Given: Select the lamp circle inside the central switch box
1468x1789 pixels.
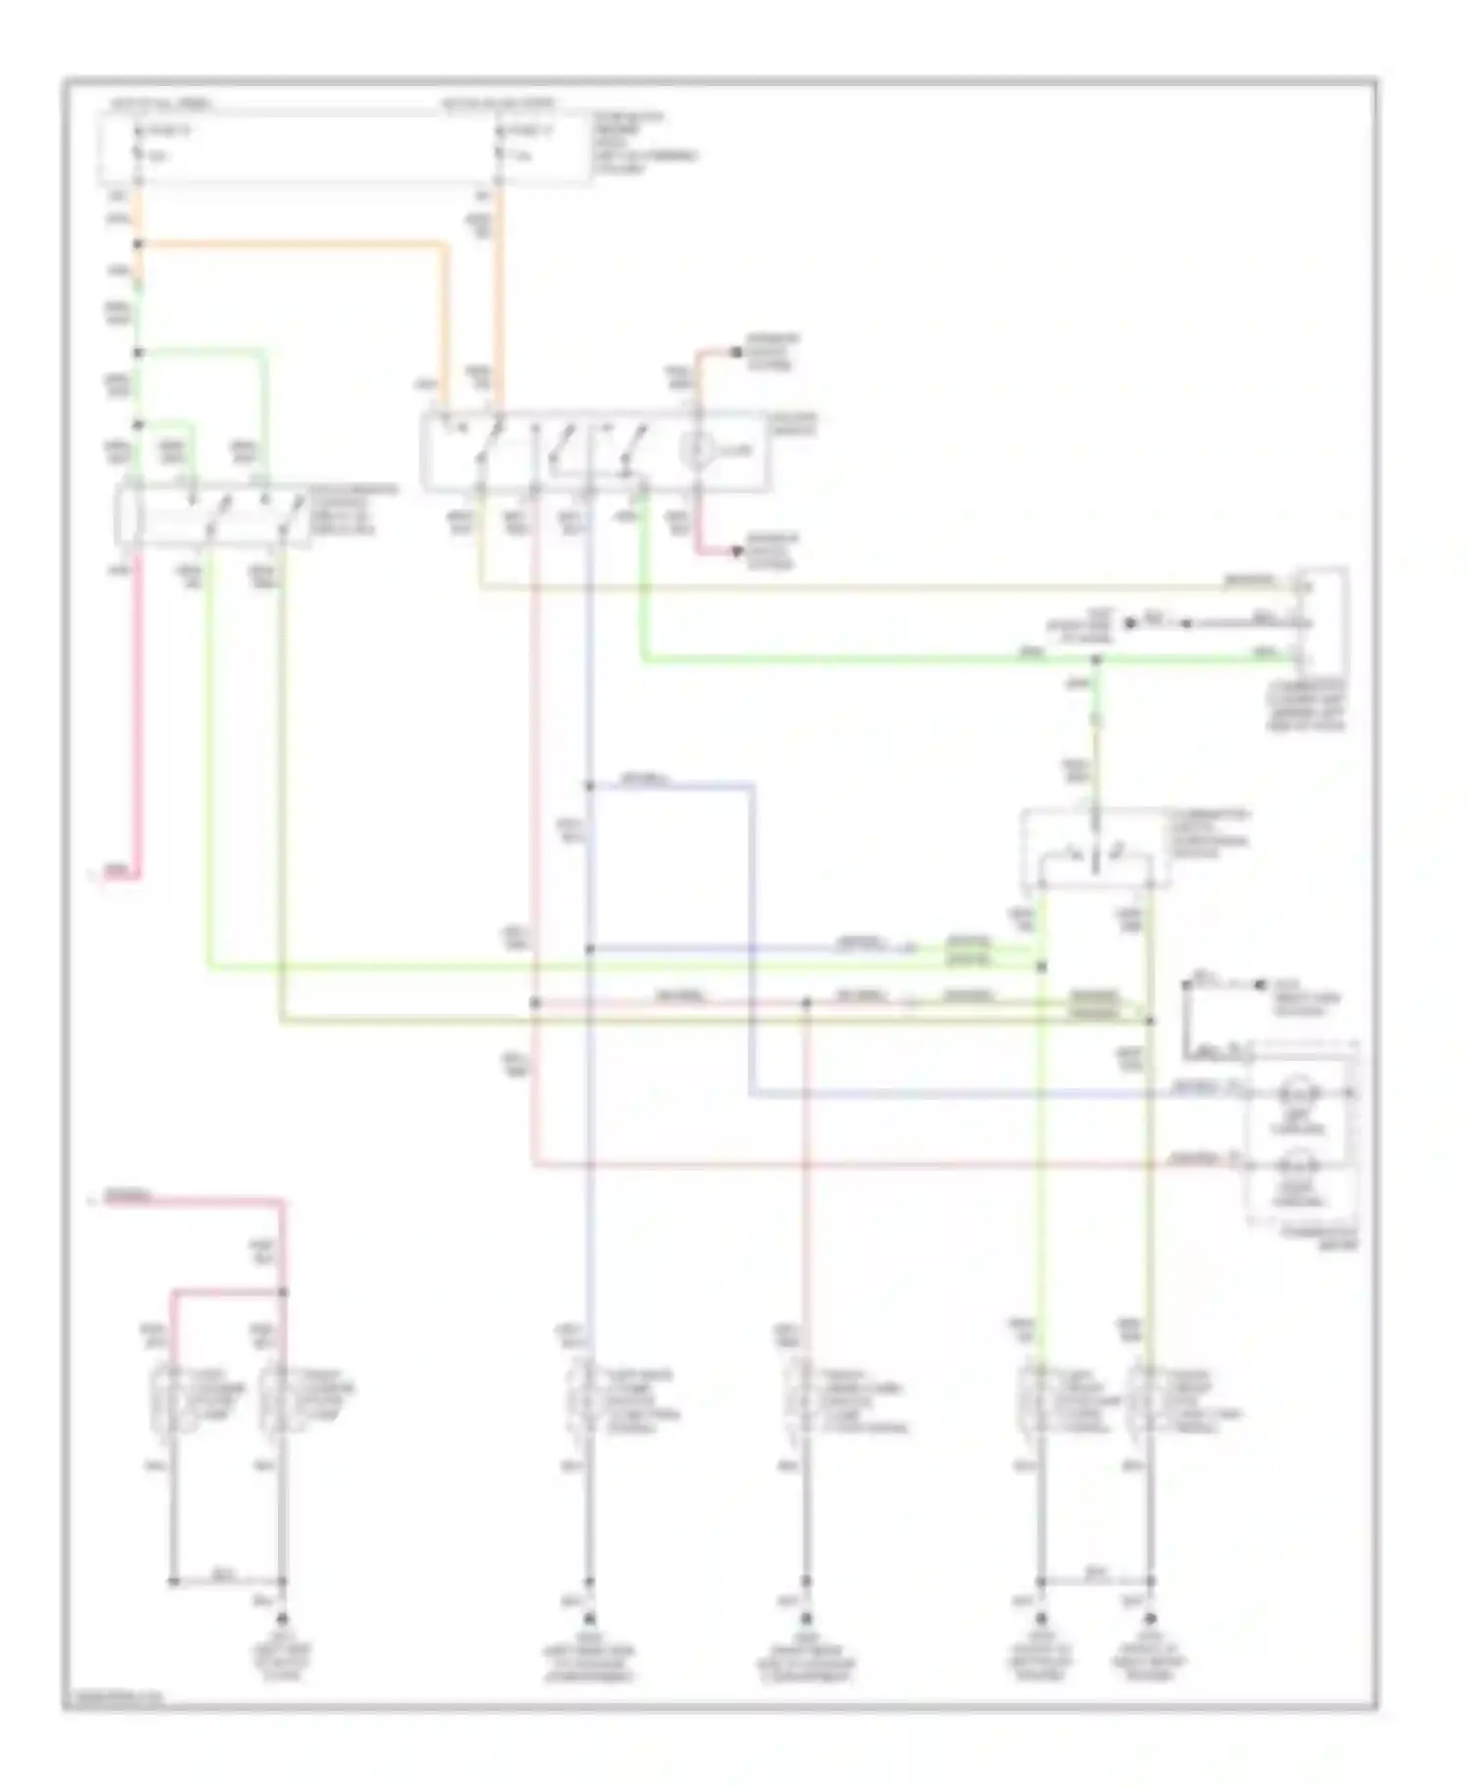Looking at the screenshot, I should point(699,450).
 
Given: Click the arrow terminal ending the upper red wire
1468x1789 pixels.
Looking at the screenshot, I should point(736,352).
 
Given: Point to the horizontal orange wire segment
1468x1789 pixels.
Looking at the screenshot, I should point(294,245).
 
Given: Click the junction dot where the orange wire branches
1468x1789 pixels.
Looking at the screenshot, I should point(138,245).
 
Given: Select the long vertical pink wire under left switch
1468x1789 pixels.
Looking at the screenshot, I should point(138,714).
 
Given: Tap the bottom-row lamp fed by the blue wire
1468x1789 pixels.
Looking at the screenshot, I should point(588,1401).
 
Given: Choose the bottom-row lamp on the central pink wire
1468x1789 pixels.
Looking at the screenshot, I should point(804,1401).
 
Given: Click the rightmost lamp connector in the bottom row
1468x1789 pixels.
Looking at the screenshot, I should point(1150,1401).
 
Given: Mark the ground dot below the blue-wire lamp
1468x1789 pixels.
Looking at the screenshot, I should point(588,1620).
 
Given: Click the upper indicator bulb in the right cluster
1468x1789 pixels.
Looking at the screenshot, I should point(1298,1092).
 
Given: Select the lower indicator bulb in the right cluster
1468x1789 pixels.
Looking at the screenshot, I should point(1298,1167).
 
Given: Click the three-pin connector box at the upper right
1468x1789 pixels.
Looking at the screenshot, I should point(1321,621).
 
